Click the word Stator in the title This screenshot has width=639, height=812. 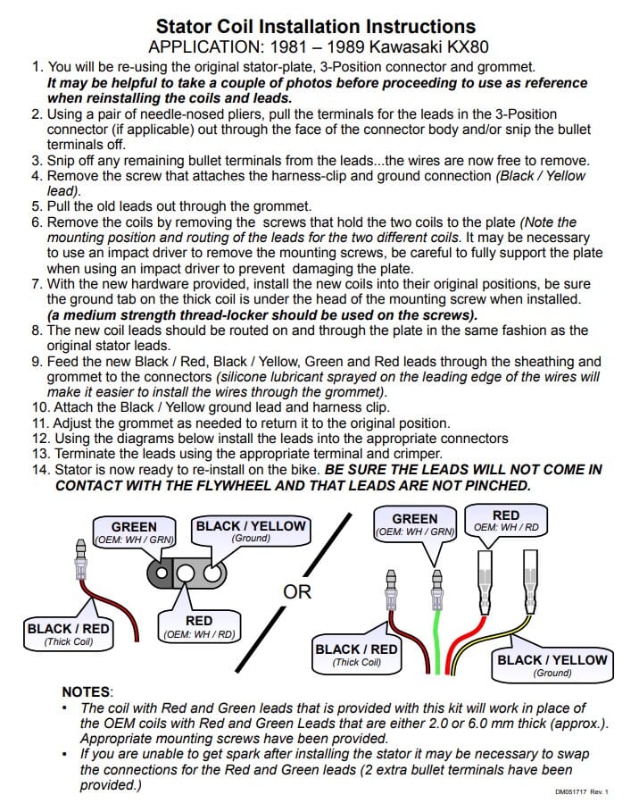[184, 27]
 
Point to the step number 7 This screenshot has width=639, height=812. [36, 284]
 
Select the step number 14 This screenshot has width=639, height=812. [41, 470]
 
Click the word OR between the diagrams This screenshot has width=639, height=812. [297, 591]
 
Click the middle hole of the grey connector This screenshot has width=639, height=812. [187, 573]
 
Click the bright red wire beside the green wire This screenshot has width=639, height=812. [460, 645]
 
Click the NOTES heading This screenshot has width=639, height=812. [87, 692]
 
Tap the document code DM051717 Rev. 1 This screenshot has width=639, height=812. [582, 791]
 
